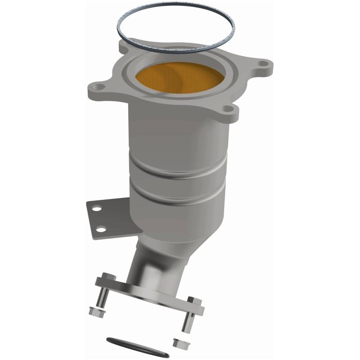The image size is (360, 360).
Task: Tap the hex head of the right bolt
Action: (194, 300)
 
